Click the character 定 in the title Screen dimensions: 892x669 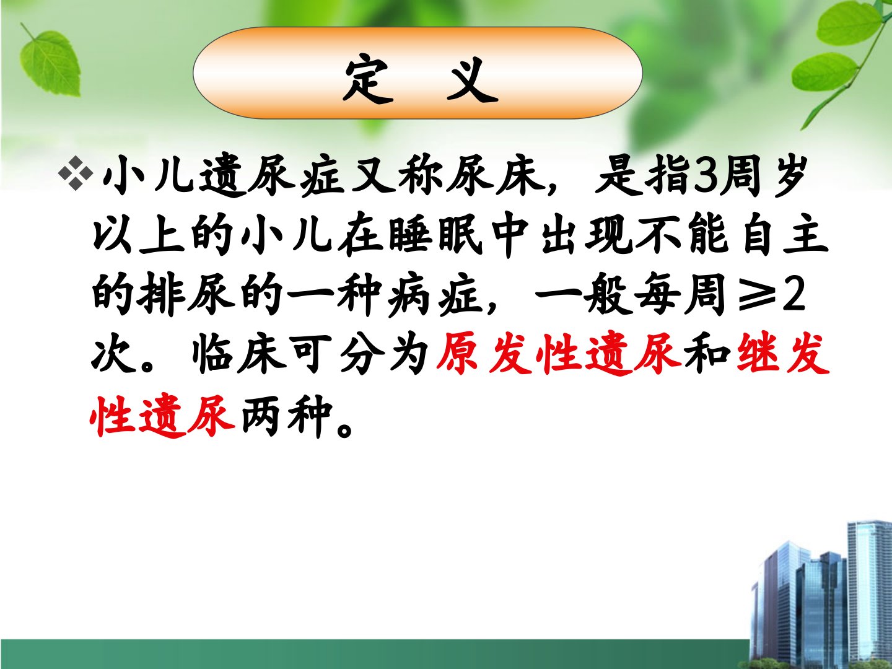tap(368, 80)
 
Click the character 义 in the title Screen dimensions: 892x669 tap(472, 80)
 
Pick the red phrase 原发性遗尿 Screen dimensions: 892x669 tap(558, 354)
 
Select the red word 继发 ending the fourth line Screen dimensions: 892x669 tap(783, 354)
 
